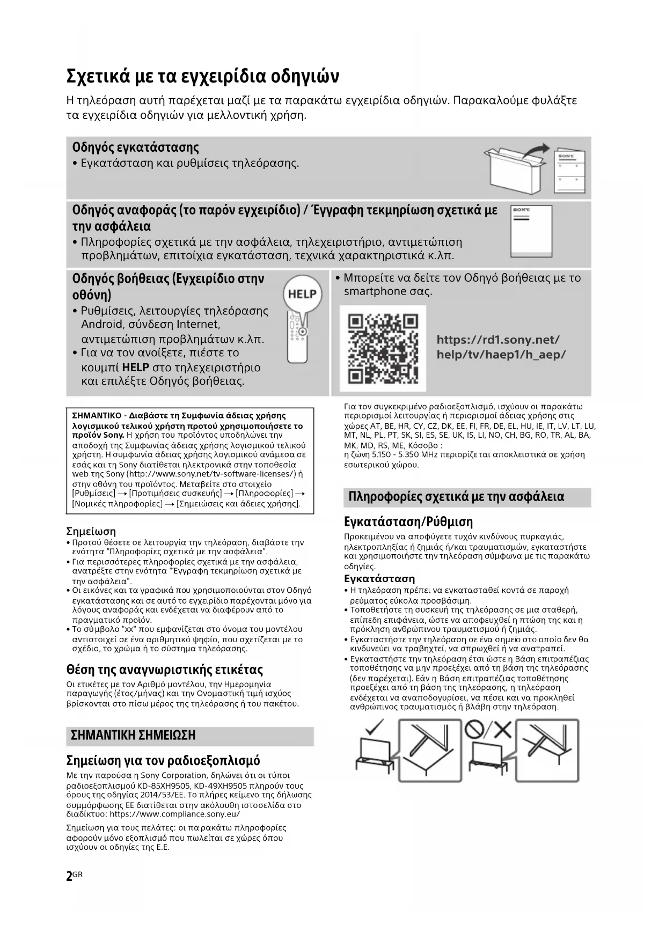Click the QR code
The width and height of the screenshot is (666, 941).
pyautogui.click(x=383, y=349)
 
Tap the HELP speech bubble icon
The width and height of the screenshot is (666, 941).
pyautogui.click(x=302, y=295)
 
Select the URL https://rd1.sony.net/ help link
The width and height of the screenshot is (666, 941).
pyautogui.click(x=497, y=340)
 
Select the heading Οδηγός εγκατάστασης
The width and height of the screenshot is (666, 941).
pyautogui.click(x=135, y=148)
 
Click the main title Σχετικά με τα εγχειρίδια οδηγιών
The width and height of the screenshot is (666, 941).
pyautogui.click(x=203, y=76)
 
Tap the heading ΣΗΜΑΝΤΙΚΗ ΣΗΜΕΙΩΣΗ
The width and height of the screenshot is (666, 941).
pyautogui.click(x=133, y=735)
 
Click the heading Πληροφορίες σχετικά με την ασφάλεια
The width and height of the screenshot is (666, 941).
pyautogui.click(x=456, y=497)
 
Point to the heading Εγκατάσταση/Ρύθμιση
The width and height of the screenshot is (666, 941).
pyautogui.click(x=408, y=522)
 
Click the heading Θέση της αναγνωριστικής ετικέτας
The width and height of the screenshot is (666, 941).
pyautogui.click(x=164, y=670)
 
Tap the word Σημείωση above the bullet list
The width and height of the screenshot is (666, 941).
pyautogui.click(x=91, y=532)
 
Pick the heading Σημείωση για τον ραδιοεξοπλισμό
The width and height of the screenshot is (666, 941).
pyautogui.click(x=163, y=761)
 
